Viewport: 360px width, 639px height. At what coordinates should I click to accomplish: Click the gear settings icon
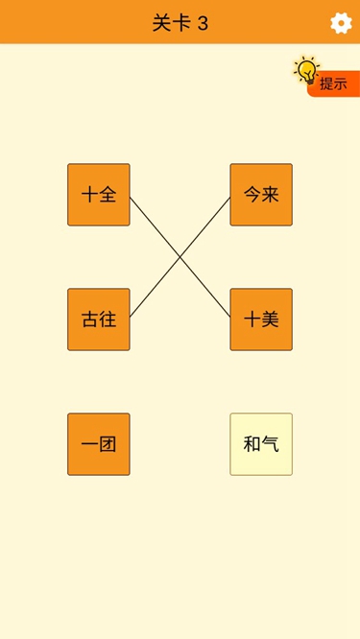[341, 23]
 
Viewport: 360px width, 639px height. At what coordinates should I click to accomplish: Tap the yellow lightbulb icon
[306, 70]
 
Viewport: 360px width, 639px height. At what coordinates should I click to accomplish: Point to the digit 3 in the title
[203, 23]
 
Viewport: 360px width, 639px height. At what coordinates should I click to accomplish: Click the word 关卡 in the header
[170, 23]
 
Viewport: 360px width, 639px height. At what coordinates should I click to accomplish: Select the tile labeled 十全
[99, 195]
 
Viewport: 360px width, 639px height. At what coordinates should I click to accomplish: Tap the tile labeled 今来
[261, 195]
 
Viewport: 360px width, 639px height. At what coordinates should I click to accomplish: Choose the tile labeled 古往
[99, 319]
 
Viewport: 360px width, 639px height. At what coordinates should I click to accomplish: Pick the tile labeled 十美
[261, 319]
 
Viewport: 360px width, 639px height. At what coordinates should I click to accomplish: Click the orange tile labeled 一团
[99, 444]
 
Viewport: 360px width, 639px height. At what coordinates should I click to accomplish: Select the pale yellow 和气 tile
[261, 444]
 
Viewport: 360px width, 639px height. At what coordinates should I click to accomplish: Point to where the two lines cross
[180, 257]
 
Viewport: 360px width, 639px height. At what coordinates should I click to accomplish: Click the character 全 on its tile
[108, 195]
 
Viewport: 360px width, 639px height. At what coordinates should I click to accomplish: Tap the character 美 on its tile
[270, 319]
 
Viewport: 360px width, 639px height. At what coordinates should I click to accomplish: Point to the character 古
[90, 319]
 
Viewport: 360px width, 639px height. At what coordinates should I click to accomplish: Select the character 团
[108, 444]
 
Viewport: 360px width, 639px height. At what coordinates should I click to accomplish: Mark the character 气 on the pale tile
[270, 444]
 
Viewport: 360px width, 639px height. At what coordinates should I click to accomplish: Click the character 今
[252, 195]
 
